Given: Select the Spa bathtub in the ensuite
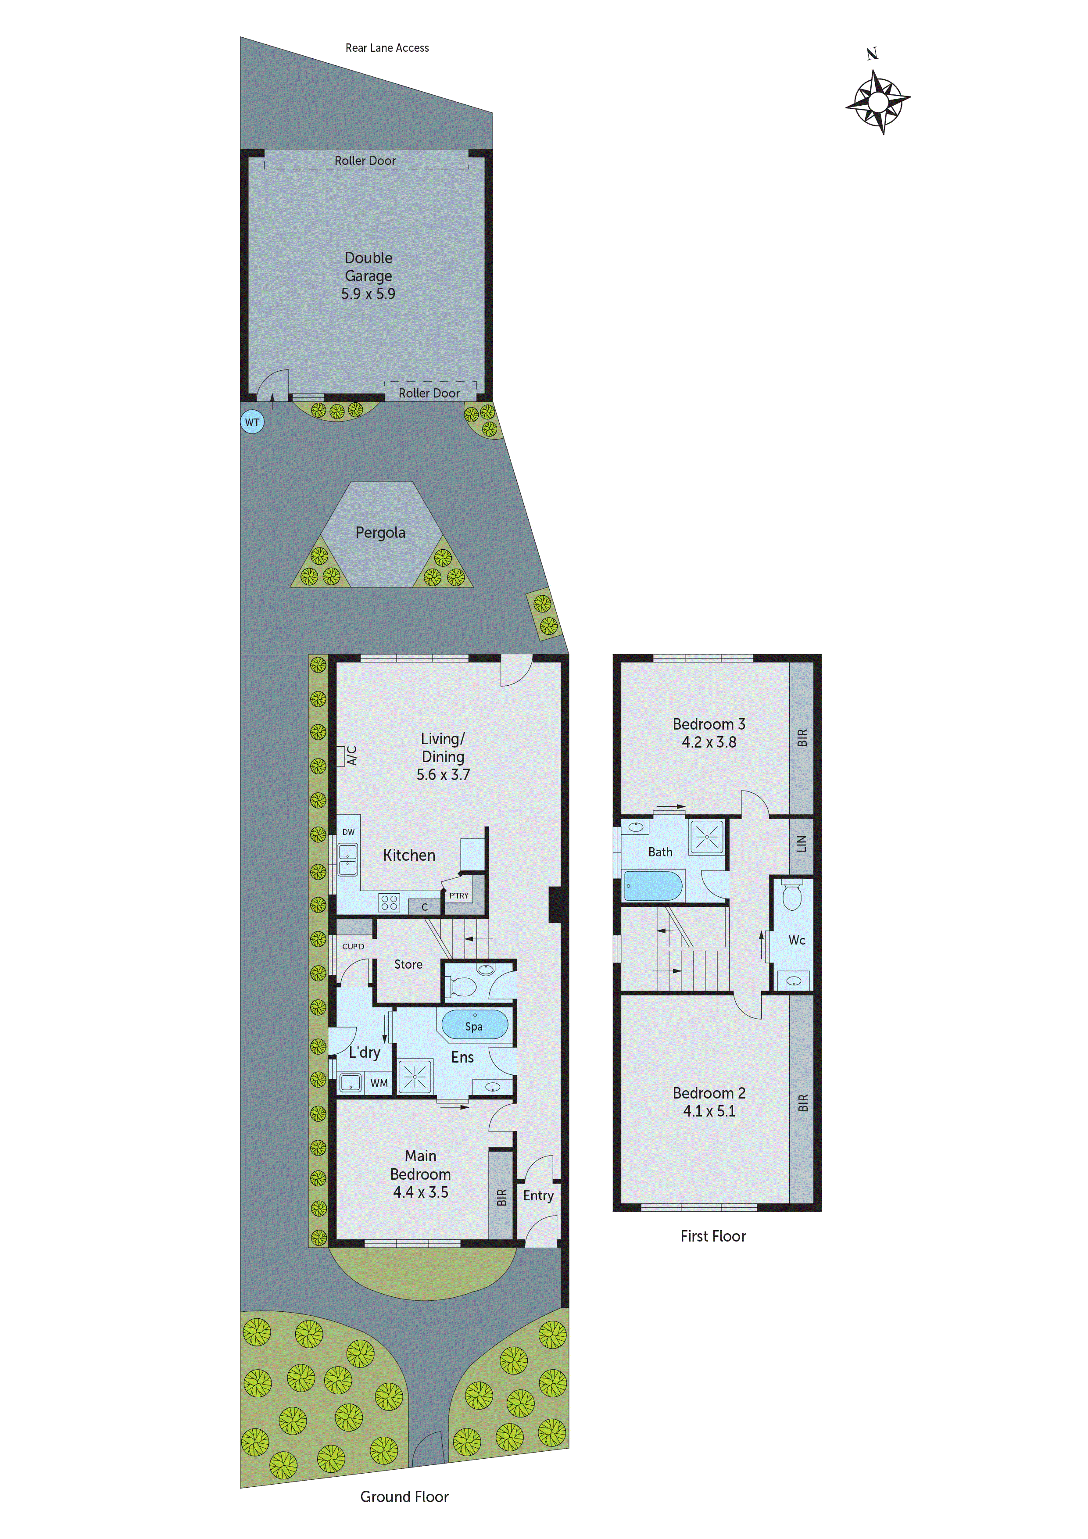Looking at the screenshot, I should tap(475, 1025).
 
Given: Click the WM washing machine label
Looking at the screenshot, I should tap(379, 1083).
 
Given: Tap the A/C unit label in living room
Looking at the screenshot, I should tap(352, 755).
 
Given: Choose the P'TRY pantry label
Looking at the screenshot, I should tap(459, 895).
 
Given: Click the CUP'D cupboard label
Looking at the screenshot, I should tap(353, 946).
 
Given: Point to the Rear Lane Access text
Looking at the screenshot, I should tap(387, 47).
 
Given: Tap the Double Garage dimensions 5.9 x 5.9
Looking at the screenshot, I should tap(368, 293).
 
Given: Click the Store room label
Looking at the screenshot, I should tap(408, 964).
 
